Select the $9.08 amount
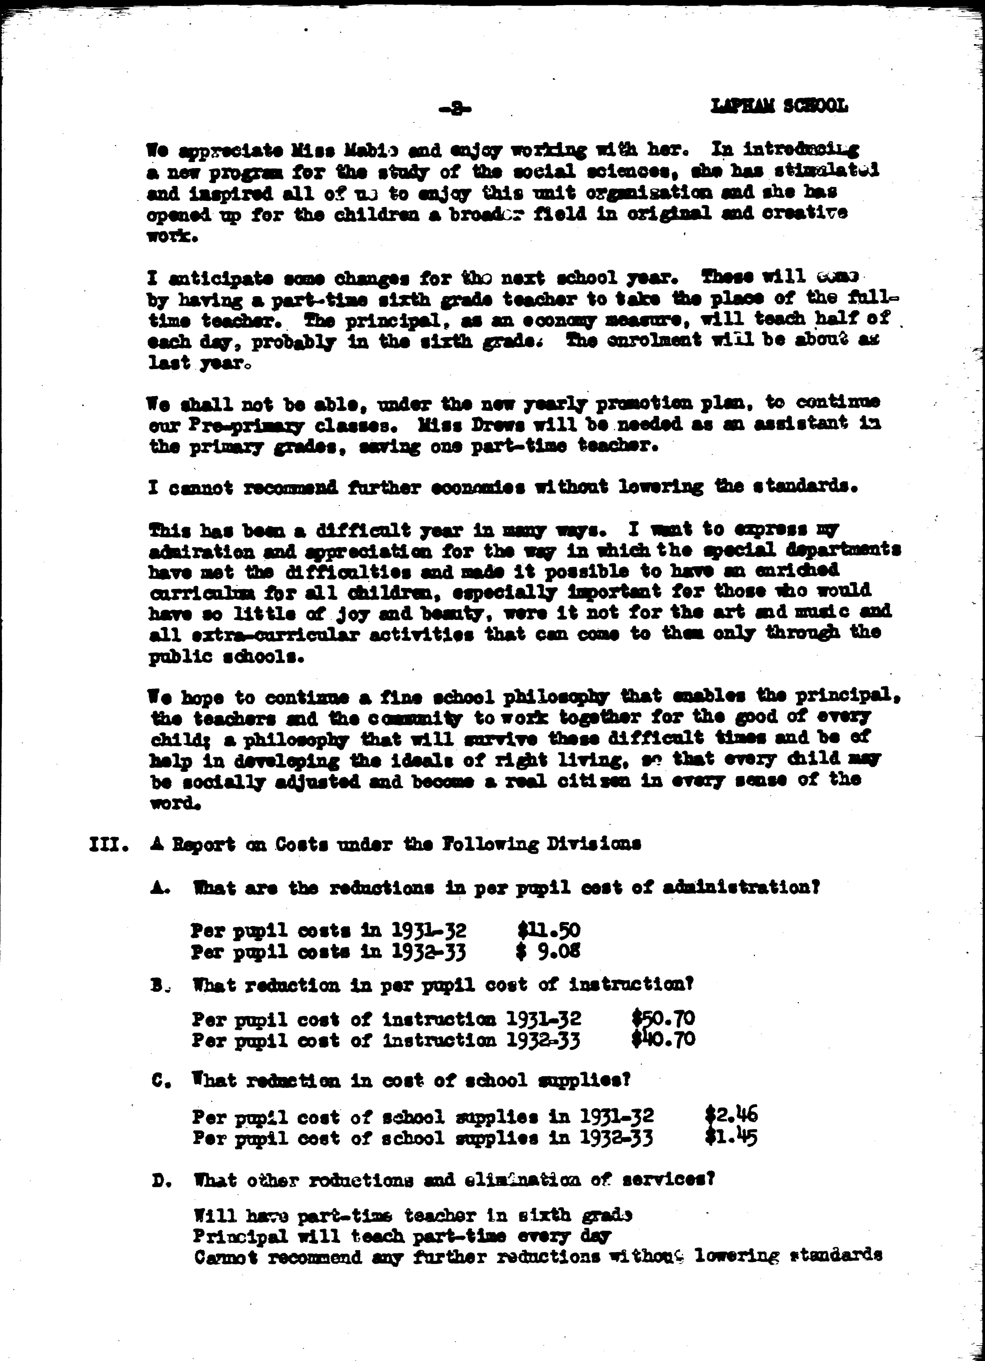(x=549, y=951)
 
